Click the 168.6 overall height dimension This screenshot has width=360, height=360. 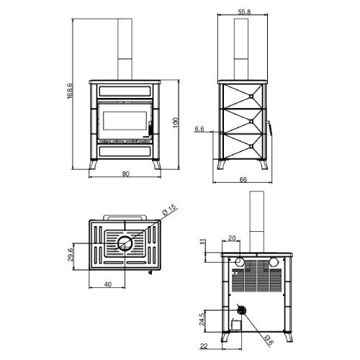coord(70,91)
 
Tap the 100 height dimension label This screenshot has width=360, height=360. coord(176,122)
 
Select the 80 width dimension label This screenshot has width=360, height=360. coord(125,174)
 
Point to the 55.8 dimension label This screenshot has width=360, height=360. coord(244,12)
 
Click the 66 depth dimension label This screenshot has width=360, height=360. coord(243,179)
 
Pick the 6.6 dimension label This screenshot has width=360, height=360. coord(199,129)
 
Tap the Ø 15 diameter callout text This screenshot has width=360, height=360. coord(169,209)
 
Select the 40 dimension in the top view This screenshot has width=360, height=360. coord(108,284)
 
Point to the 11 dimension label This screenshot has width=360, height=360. coord(203,241)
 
